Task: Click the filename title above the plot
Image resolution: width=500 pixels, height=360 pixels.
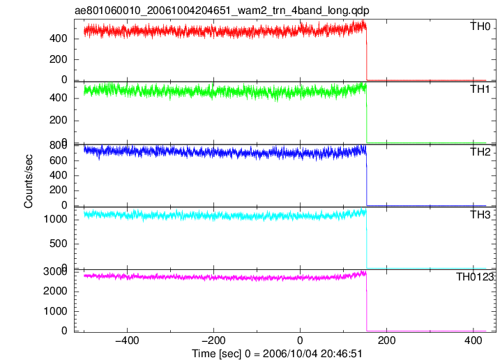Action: pyautogui.click(x=222, y=10)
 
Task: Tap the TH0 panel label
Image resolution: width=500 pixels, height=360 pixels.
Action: pyautogui.click(x=480, y=27)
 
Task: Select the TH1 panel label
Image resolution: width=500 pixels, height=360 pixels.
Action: pyautogui.click(x=480, y=89)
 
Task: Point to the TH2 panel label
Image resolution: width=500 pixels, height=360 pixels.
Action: pyautogui.click(x=480, y=152)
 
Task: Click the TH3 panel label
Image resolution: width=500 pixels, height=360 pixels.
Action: pyautogui.click(x=480, y=215)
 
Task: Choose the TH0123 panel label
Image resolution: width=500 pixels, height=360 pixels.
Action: pyautogui.click(x=475, y=277)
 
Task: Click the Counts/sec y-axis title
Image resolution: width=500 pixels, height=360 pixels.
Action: pyautogui.click(x=29, y=181)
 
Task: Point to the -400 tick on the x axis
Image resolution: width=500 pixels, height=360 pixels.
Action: pyautogui.click(x=127, y=340)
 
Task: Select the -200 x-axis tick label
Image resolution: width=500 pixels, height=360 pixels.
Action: pyautogui.click(x=213, y=340)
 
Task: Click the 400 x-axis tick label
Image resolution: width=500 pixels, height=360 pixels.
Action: pyautogui.click(x=474, y=340)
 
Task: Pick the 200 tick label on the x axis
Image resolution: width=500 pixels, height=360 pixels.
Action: pyautogui.click(x=386, y=340)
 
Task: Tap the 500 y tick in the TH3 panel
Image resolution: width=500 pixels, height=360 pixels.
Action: pyautogui.click(x=59, y=243)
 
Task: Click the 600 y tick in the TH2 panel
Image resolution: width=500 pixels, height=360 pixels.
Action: pyautogui.click(x=59, y=160)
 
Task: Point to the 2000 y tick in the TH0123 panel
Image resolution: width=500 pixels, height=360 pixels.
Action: pyautogui.click(x=56, y=291)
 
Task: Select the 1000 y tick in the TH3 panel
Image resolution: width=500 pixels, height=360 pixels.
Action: pyautogui.click(x=56, y=219)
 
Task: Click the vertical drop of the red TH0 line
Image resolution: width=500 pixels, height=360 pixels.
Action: pyautogui.click(x=367, y=54)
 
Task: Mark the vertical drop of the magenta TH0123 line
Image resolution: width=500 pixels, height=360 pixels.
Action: pyautogui.click(x=367, y=302)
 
